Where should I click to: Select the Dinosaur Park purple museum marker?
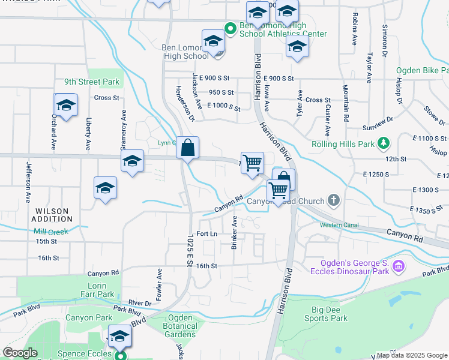397,265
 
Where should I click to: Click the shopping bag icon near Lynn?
187,148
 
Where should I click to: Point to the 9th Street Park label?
92,82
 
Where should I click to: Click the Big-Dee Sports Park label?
321,314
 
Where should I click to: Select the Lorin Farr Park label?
97,290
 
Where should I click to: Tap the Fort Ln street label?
206,233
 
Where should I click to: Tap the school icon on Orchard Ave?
67,105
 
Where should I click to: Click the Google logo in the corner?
20,353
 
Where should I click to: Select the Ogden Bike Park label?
422,70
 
